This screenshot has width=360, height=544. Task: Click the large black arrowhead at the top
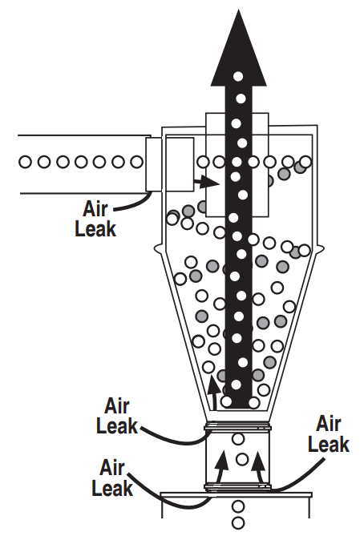(238, 48)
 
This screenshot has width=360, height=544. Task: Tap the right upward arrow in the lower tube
(257, 462)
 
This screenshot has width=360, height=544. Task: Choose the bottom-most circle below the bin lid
(237, 524)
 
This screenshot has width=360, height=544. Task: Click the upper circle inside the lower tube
(238, 439)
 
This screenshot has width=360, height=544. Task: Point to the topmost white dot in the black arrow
(238, 77)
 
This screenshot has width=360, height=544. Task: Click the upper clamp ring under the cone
(238, 425)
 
